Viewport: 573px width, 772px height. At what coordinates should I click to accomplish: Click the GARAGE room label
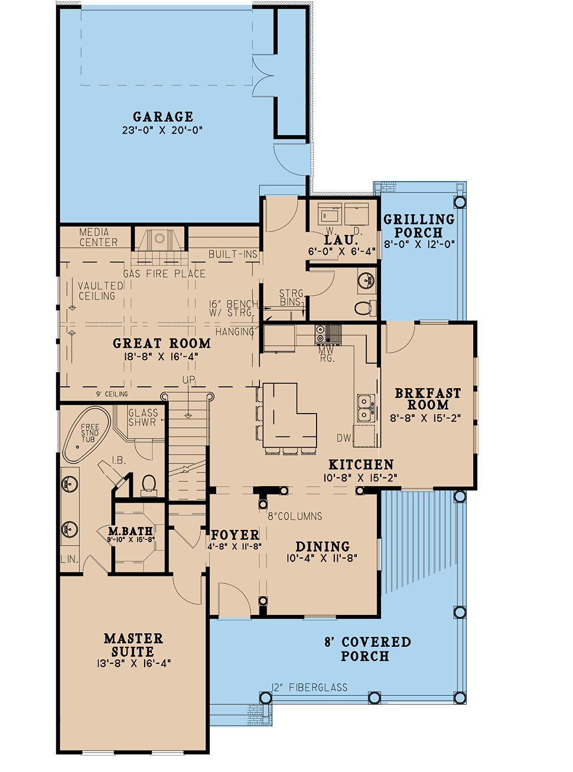coord(163,116)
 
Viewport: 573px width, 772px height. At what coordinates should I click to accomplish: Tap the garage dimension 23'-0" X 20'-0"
coord(162,131)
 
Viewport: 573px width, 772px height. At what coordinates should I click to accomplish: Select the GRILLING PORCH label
coord(419,226)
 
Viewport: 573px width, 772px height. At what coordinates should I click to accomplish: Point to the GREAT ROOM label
coord(162,343)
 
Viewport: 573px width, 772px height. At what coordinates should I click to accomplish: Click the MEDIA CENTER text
coord(98,237)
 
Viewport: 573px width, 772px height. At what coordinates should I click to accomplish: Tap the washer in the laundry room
coord(330,213)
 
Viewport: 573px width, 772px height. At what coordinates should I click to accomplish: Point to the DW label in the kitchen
coord(343,438)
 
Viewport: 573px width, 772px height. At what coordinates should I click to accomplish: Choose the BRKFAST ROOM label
coord(428,399)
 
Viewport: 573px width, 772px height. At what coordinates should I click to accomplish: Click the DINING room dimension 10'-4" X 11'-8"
coord(322,558)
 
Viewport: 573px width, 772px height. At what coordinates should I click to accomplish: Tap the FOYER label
coord(235,535)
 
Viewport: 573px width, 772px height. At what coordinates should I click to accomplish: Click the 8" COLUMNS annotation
coord(295,516)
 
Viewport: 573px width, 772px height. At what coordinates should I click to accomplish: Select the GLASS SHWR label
coord(143,418)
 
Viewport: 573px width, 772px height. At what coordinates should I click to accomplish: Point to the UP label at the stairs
coord(188,379)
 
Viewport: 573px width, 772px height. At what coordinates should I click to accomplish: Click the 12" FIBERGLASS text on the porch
coord(310,687)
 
